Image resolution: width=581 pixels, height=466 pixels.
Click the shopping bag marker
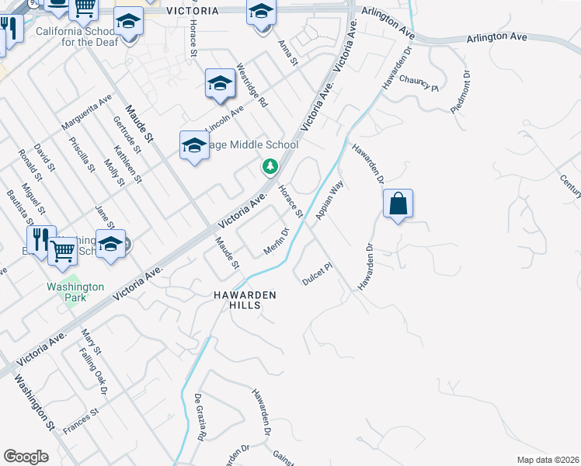pyautogui.click(x=398, y=204)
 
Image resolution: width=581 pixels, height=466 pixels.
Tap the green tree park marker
pyautogui.click(x=270, y=166)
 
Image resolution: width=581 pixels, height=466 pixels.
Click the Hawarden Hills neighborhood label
pyautogui.click(x=245, y=301)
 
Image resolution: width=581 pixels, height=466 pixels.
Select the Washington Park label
pyautogui.click(x=75, y=291)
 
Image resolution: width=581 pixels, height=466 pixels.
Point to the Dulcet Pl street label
pyautogui.click(x=317, y=273)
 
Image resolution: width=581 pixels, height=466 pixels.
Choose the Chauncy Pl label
pyautogui.click(x=419, y=82)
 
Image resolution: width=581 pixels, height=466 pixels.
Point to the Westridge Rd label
pyautogui.click(x=252, y=85)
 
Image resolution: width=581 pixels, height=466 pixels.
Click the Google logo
pyautogui.click(x=26, y=457)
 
